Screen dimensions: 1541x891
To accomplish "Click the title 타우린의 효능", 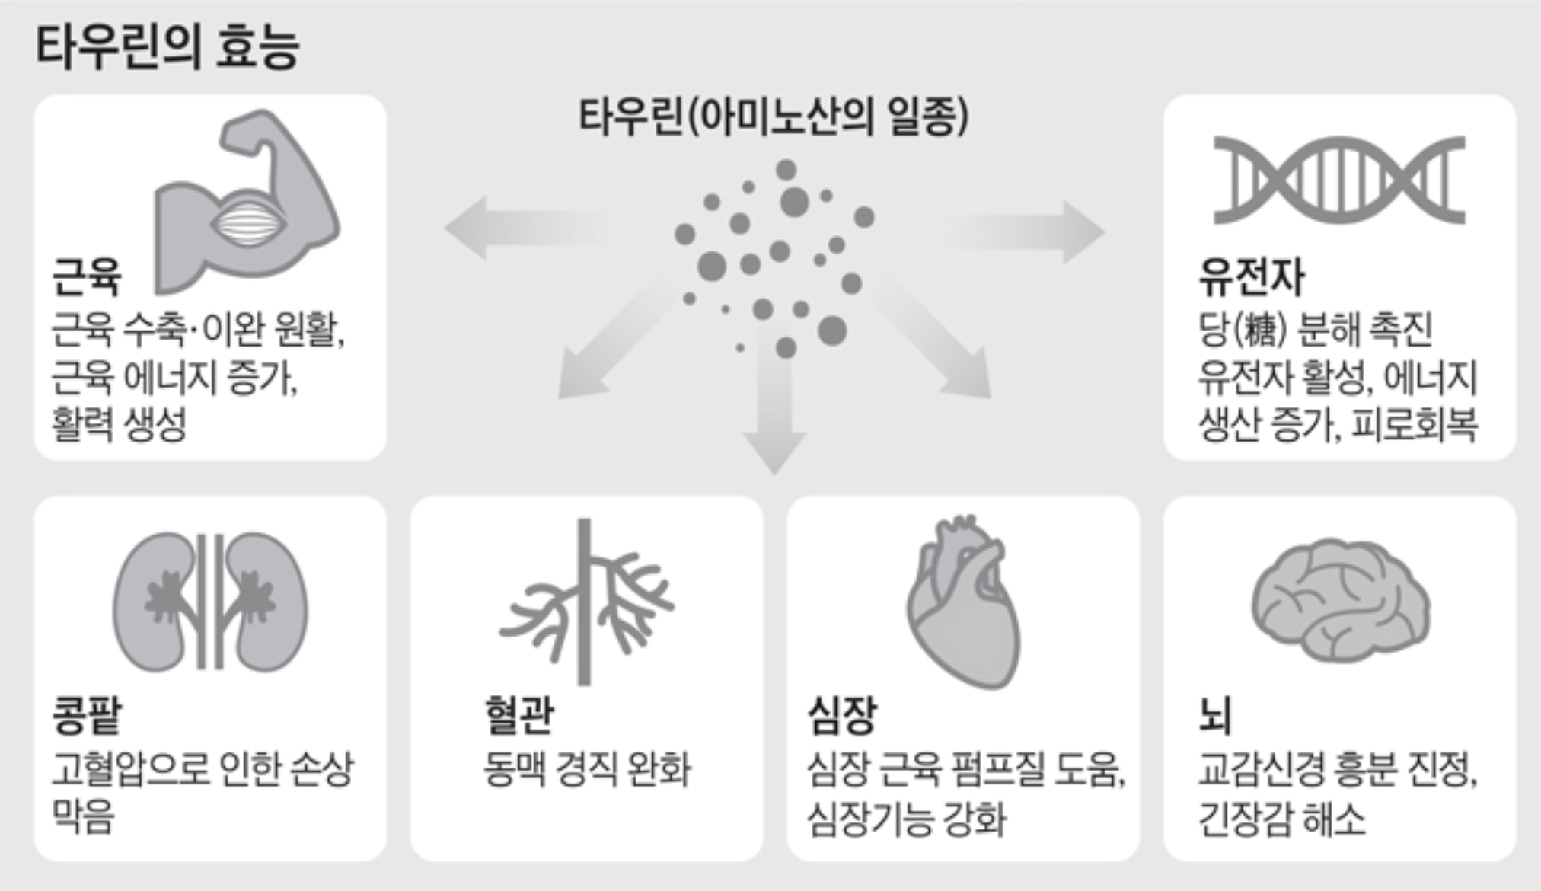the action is pyautogui.click(x=167, y=47).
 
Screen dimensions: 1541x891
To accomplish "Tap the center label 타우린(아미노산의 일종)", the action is pyautogui.click(x=774, y=118).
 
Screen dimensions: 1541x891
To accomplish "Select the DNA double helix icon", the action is pyautogui.click(x=1339, y=180).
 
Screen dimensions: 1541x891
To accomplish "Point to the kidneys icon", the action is pyautogui.click(x=210, y=602).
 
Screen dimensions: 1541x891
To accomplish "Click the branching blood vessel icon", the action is pyautogui.click(x=585, y=602).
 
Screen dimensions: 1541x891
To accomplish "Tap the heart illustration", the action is pyautogui.click(x=963, y=602).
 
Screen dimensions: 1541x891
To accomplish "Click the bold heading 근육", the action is pyautogui.click(x=86, y=276).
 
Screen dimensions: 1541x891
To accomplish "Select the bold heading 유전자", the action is pyautogui.click(x=1251, y=276).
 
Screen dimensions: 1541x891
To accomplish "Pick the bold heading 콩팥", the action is pyautogui.click(x=86, y=716).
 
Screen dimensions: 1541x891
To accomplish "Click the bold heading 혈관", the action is pyautogui.click(x=518, y=716).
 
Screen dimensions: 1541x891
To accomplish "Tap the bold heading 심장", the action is pyautogui.click(x=842, y=716).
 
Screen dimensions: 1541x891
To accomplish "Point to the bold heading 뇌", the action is pyautogui.click(x=1214, y=716).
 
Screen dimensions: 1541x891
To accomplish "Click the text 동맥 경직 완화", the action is pyautogui.click(x=587, y=769).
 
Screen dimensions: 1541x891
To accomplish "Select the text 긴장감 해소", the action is pyautogui.click(x=1281, y=819).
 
